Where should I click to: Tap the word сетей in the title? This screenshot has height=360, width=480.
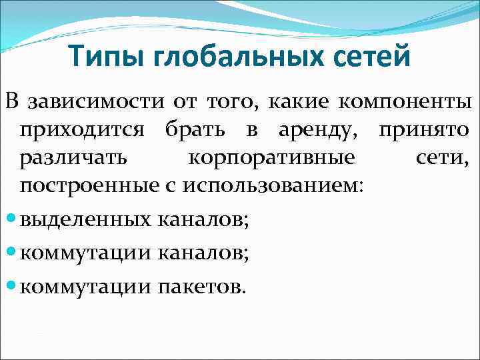pyautogui.click(x=374, y=57)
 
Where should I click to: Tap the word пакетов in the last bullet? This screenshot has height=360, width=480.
pyautogui.click(x=202, y=287)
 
